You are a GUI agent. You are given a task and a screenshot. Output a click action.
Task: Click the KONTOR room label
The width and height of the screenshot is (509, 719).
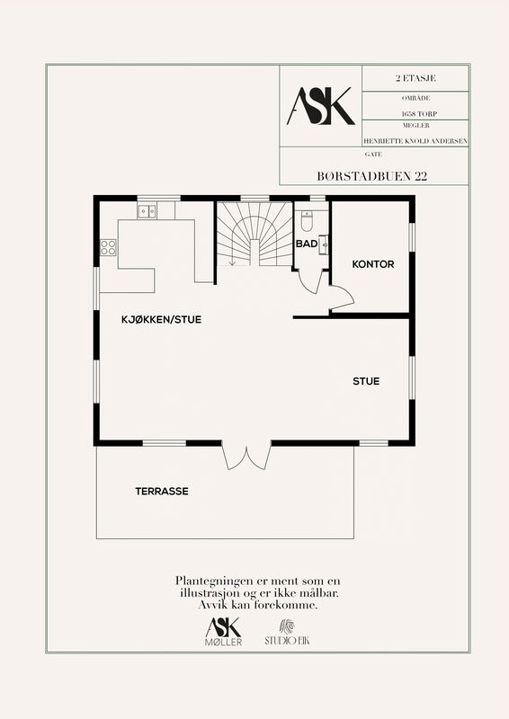[372, 264]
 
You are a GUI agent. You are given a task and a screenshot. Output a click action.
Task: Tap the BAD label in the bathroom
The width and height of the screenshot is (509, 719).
[307, 244]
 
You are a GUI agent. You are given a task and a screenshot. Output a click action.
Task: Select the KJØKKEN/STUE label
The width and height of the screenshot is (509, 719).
[161, 320]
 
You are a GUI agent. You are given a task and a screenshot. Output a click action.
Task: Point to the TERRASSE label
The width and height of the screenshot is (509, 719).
[162, 491]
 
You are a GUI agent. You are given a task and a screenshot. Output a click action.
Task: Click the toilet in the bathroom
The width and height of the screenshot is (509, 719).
[307, 220]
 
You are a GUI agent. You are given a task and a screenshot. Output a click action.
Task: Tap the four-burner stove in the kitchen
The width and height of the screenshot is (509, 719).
[108, 247]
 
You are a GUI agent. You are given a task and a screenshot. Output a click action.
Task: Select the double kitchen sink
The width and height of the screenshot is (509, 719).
[147, 211]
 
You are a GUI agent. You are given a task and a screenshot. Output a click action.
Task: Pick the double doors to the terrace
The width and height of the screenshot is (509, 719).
[246, 457]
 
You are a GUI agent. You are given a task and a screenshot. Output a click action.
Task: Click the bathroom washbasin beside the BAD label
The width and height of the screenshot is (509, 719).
[323, 244]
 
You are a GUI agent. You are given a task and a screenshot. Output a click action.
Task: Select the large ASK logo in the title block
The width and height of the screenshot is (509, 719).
[320, 106]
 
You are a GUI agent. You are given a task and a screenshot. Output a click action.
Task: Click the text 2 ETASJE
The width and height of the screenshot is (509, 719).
[415, 78]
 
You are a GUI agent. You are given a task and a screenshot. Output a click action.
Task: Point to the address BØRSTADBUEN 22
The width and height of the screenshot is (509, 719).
[371, 176]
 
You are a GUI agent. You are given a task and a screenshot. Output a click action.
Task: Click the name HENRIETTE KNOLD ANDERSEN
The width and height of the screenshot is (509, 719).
[415, 141]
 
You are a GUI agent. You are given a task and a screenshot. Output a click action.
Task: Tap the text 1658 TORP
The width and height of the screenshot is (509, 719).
[419, 114]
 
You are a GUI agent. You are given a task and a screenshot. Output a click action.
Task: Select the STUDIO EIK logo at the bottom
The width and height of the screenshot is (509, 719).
[287, 634]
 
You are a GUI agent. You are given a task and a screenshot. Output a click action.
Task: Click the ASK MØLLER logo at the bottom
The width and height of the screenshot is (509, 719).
[224, 632]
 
